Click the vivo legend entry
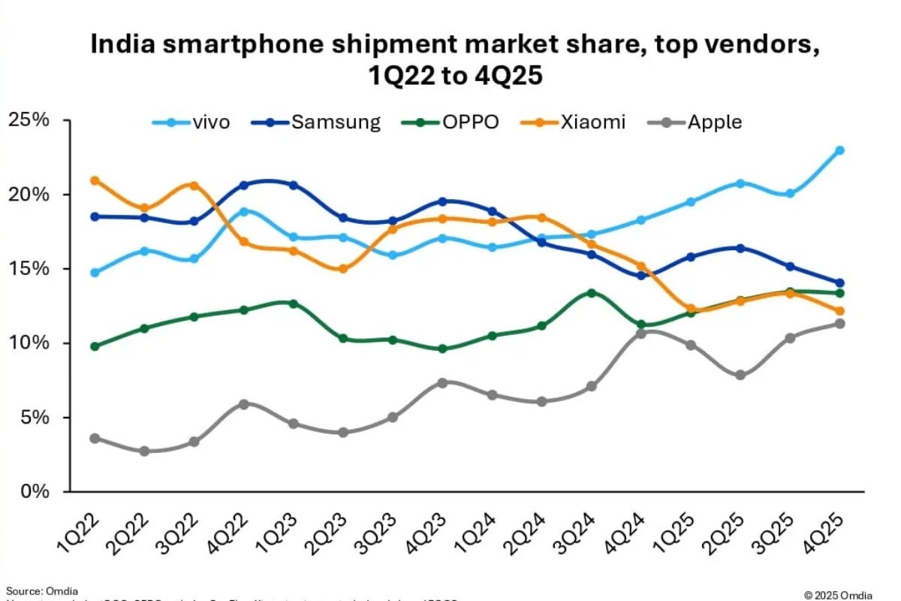click(191, 122)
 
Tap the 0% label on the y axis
click(34, 492)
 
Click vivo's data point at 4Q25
click(839, 150)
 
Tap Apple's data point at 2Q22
click(144, 452)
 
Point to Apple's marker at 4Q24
click(640, 334)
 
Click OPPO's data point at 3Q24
click(591, 292)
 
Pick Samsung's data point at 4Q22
click(243, 185)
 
